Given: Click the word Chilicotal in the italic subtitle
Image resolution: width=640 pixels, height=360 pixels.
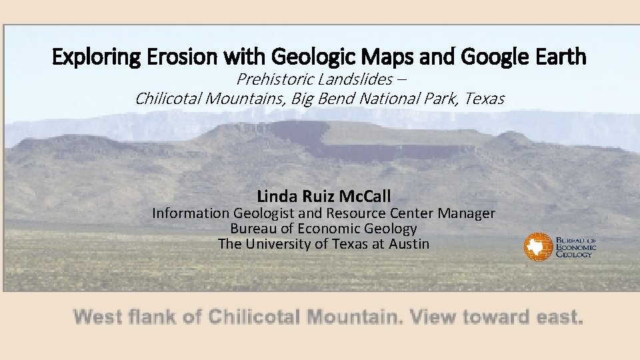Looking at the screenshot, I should click(x=169, y=99).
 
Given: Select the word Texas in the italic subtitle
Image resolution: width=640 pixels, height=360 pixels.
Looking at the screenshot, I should click(x=485, y=99).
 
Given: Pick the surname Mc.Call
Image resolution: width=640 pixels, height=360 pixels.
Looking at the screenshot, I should click(x=365, y=196).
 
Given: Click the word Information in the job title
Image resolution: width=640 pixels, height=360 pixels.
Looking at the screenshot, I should click(x=191, y=213).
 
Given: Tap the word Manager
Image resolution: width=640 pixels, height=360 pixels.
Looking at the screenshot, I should click(x=467, y=213).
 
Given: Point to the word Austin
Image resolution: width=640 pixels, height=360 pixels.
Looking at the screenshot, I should click(x=409, y=243).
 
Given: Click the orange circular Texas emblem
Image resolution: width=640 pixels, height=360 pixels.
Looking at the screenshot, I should click(x=537, y=247).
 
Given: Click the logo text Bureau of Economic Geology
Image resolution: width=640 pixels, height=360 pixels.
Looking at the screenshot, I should click(x=576, y=246).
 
